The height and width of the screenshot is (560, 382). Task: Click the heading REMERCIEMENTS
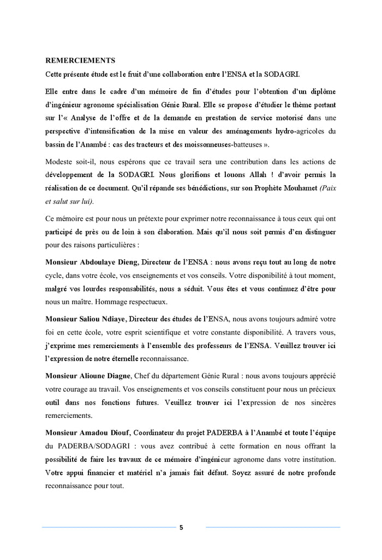[80, 60]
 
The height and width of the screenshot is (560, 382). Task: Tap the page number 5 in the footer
[181, 527]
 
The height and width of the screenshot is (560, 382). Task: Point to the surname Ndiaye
[115, 318]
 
